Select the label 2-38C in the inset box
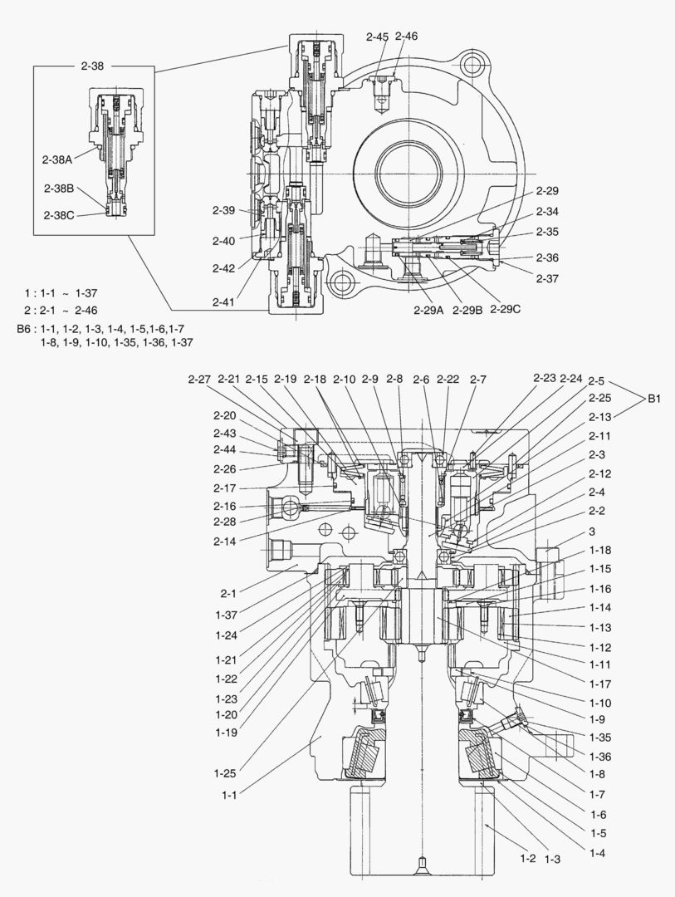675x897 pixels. [58, 214]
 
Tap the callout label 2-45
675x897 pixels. [377, 37]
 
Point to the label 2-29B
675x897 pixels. [467, 310]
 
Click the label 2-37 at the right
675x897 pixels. [547, 279]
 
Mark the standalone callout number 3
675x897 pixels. [592, 531]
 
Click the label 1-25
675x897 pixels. [226, 773]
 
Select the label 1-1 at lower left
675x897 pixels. [230, 795]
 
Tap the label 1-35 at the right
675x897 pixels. [600, 737]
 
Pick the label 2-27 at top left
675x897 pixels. [199, 380]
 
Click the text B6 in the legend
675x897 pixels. [25, 329]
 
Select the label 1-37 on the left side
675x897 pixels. [226, 615]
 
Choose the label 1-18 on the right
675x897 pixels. [600, 550]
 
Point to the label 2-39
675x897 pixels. [224, 210]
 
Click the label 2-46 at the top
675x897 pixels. [406, 37]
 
